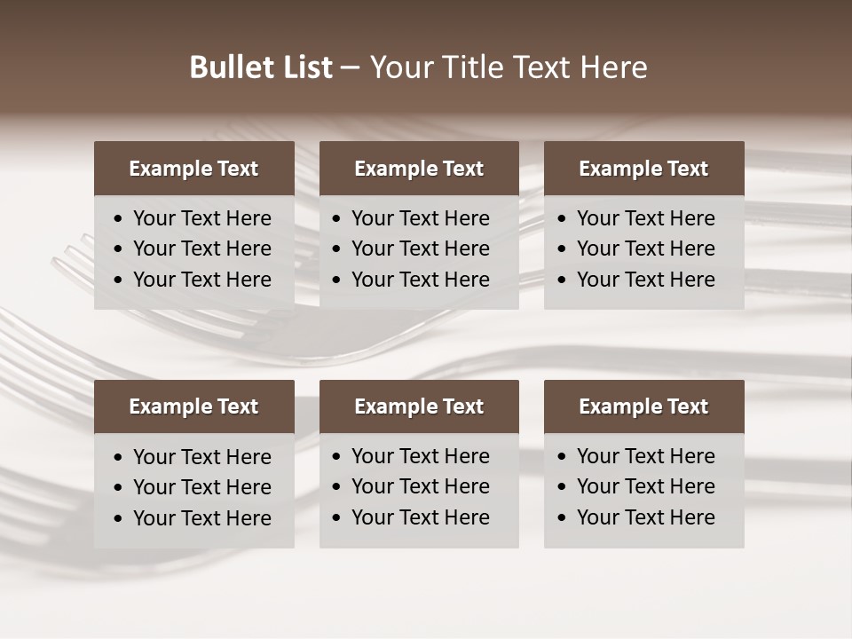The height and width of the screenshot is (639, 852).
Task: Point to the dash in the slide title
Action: point(351,68)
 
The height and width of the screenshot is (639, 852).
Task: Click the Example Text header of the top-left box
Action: point(193,169)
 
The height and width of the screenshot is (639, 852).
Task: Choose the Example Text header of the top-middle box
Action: point(419,169)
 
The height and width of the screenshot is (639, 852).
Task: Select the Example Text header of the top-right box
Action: point(643,169)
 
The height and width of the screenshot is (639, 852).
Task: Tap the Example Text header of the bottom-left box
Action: point(193,406)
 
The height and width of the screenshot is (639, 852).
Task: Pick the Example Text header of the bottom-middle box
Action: point(419,406)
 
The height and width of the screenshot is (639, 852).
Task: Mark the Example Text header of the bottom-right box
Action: point(643,406)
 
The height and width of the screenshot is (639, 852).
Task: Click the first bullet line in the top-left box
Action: point(201,218)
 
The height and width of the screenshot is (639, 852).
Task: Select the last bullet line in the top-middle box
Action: point(420,280)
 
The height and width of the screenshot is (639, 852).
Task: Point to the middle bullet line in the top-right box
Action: point(645,248)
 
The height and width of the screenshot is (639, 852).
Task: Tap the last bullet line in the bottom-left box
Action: point(201,518)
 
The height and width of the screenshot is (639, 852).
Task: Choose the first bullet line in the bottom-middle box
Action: point(420,456)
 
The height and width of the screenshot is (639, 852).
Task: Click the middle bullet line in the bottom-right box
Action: point(645,486)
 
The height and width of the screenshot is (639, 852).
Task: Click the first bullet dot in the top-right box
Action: point(562,219)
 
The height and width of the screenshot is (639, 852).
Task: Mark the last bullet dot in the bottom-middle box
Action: point(337,518)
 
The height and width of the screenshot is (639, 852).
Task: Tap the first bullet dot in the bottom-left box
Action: point(119,458)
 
